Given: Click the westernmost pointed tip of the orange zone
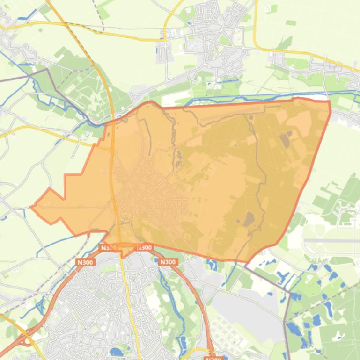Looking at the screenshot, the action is tap(31, 206).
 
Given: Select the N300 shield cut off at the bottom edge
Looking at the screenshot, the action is tap(213, 358).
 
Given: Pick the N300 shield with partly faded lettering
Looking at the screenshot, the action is tap(108, 248).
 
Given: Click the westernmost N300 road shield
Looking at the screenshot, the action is tap(85, 262).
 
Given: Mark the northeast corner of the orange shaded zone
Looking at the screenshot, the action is tap(329, 101).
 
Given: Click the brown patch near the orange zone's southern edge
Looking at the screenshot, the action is tap(249, 218).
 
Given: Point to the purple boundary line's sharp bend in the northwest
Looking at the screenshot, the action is tap(48, 70).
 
